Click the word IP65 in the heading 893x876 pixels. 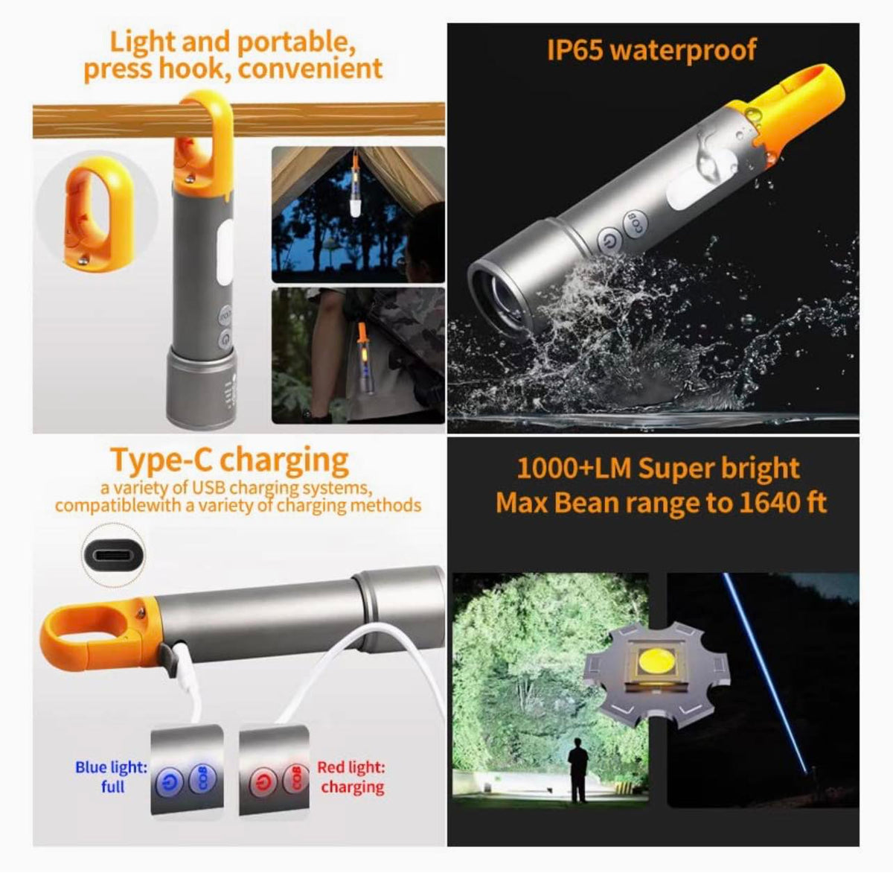click(x=574, y=51)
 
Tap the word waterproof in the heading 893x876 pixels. click(x=682, y=51)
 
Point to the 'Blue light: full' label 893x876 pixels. click(x=112, y=776)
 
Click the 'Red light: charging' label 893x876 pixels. click(x=351, y=776)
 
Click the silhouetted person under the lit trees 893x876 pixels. click(x=577, y=769)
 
